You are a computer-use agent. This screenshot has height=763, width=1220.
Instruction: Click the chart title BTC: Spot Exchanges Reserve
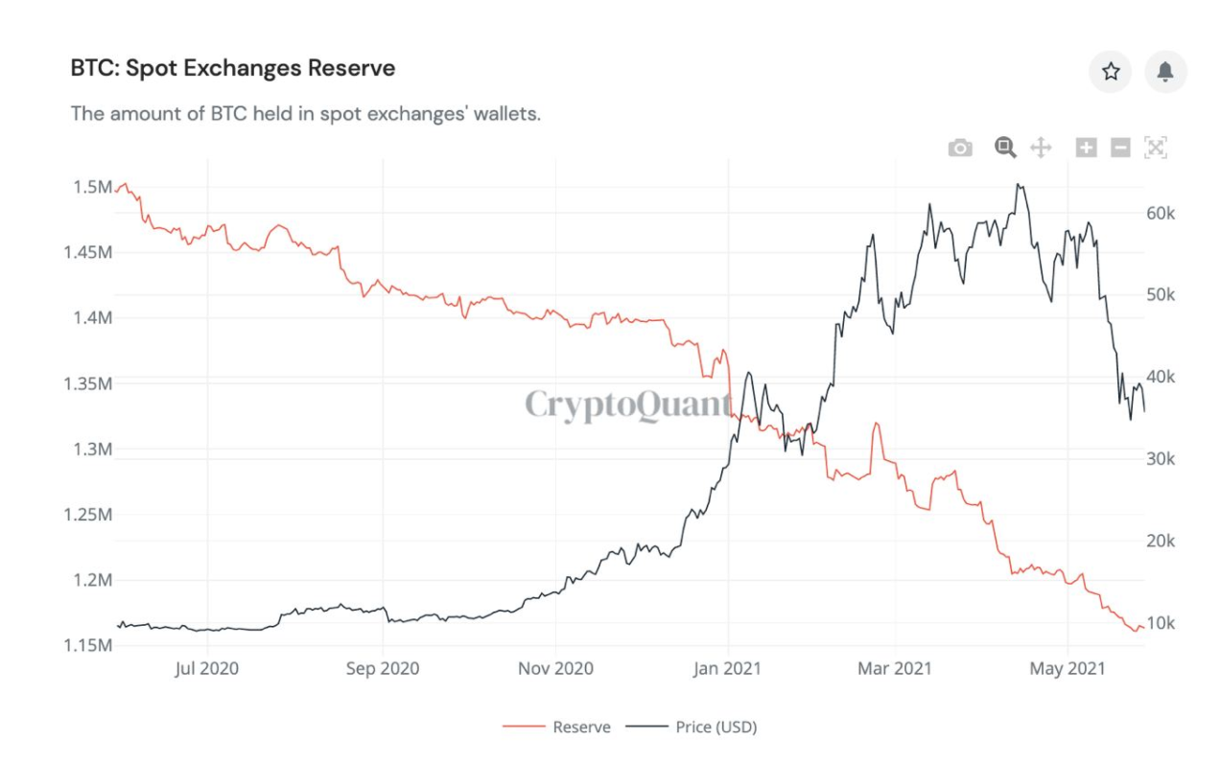(x=233, y=69)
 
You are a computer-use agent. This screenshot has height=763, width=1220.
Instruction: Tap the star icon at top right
(x=1111, y=72)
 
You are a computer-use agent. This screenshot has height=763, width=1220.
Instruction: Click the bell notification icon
(x=1165, y=72)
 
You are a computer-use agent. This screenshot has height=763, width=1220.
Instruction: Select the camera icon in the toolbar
(x=959, y=148)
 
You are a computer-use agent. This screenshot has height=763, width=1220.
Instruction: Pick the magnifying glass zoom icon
(x=1004, y=147)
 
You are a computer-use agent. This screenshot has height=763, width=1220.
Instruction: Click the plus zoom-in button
(x=1086, y=148)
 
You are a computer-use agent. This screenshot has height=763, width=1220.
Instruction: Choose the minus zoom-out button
(x=1120, y=148)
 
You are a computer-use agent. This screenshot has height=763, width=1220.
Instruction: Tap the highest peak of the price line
(x=1019, y=185)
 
